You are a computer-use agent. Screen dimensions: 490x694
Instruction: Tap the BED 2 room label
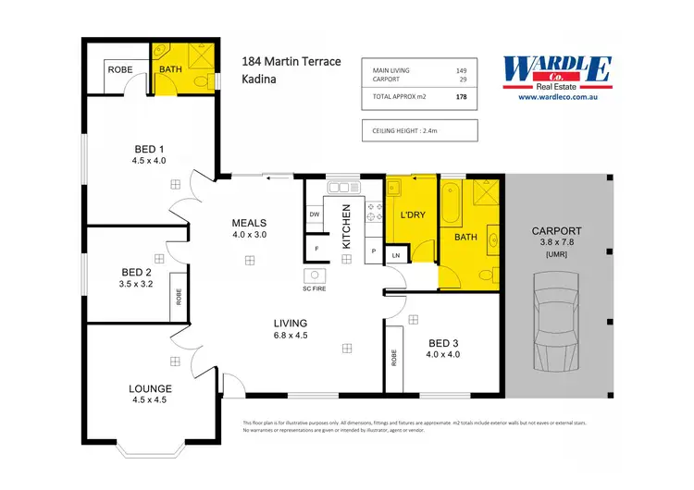tap(136, 272)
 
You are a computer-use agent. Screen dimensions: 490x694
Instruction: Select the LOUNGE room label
tap(148, 389)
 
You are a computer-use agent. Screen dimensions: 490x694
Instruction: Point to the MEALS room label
tap(249, 223)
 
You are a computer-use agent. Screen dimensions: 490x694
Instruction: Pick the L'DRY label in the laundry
tap(412, 215)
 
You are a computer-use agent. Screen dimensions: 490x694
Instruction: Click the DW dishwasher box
tap(315, 214)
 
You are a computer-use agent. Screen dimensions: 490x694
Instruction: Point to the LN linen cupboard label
tap(396, 254)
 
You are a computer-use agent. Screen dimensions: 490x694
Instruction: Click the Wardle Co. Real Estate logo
tap(556, 72)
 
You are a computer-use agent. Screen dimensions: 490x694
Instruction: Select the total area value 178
tap(461, 95)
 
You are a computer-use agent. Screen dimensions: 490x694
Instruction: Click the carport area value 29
tap(463, 80)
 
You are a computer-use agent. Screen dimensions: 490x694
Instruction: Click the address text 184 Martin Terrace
tap(291, 62)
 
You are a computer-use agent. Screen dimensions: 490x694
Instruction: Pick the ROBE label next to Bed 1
tap(120, 69)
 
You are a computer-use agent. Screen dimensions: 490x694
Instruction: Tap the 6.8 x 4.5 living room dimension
tap(290, 335)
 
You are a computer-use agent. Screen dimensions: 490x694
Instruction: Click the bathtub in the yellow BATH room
tap(451, 203)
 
